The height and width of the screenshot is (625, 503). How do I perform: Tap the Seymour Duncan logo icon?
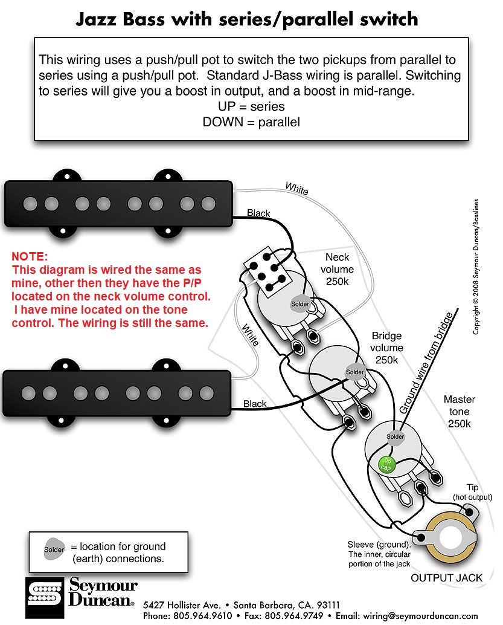(43, 595)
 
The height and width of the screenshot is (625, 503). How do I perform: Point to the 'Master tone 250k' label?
(459, 411)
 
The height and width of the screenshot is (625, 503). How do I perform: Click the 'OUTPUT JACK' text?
(446, 577)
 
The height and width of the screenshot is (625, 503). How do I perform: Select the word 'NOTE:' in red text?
(30, 257)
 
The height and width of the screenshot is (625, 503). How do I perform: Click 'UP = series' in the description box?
(251, 106)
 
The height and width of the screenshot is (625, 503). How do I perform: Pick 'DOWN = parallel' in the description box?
(251, 122)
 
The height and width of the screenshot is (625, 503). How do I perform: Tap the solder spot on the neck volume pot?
(300, 303)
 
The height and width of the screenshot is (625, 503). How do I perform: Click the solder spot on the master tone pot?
(395, 436)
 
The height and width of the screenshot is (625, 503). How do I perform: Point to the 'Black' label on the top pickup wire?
(258, 213)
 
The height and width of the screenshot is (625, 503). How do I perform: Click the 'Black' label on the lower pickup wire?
(254, 403)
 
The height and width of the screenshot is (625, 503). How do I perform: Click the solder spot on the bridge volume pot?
(354, 372)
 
